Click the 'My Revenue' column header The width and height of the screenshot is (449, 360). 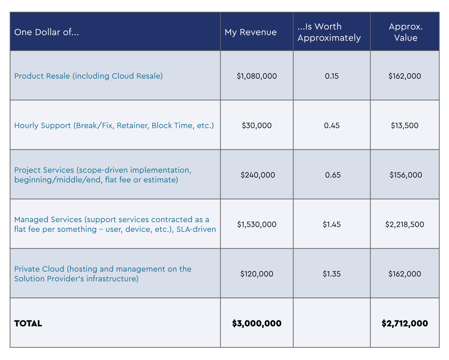coord(251,32)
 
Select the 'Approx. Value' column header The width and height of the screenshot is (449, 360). coord(406,32)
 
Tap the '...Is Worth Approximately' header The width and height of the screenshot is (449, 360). coord(329,32)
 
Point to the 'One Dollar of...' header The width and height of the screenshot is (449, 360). coord(46,32)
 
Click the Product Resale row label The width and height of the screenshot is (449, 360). coord(88,76)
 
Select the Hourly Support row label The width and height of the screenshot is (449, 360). coord(114,125)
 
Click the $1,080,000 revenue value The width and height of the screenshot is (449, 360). coord(257,76)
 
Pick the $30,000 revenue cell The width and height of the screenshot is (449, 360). coord(257,125)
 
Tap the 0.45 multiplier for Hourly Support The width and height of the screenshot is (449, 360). coord(332,125)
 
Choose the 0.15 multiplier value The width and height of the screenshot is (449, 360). coord(332,76)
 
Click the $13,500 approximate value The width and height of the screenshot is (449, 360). coord(404,125)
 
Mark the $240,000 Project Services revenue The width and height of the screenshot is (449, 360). coord(258,175)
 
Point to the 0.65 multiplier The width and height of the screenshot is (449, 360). coord(333,175)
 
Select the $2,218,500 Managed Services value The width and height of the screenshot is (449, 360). coord(404,224)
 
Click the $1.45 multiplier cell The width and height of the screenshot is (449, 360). coord(332,224)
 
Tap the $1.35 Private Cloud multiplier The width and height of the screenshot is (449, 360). coord(332,274)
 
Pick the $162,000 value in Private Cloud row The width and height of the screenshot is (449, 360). coord(404,274)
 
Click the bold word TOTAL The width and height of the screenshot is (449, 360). coord(28,323)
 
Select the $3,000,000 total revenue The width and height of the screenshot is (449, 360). coord(257,323)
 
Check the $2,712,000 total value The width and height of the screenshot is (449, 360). coord(404,323)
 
